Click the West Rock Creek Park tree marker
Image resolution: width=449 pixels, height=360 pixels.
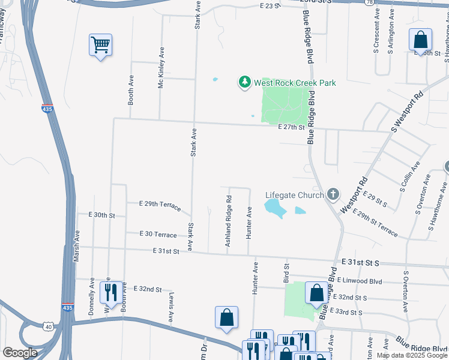(x=244, y=83)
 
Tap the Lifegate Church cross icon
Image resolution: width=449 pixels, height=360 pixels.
(x=333, y=194)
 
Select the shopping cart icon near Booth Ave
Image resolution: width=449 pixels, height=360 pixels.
(x=100, y=44)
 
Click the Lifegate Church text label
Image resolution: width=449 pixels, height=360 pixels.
(x=295, y=195)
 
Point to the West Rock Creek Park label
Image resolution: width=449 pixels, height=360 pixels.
(x=295, y=83)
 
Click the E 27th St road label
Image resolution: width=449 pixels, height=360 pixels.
(x=292, y=127)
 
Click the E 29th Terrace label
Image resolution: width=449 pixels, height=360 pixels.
(x=160, y=205)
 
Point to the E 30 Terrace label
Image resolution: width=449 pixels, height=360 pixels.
(x=158, y=234)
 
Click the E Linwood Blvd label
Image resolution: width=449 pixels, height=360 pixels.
(x=359, y=280)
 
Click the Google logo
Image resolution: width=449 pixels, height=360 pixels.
(x=20, y=353)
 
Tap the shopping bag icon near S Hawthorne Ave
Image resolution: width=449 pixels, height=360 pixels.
(x=421, y=40)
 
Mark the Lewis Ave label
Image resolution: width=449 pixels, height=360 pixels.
(x=171, y=307)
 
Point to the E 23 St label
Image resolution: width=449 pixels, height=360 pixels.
(x=271, y=5)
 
